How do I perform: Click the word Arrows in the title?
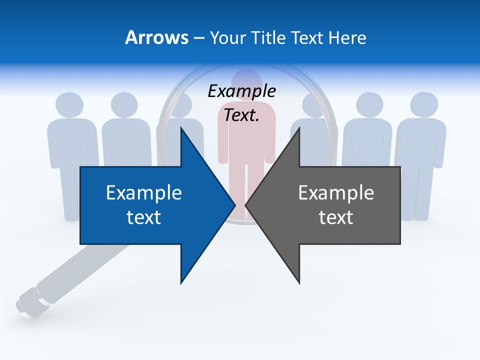[156, 37]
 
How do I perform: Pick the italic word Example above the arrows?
[241, 91]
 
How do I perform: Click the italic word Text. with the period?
[241, 115]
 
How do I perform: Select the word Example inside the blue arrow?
[144, 193]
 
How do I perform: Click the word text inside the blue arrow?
[144, 217]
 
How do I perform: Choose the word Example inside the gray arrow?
[336, 193]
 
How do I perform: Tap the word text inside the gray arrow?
[336, 217]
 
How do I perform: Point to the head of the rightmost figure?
[424, 105]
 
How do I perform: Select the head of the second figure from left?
[124, 105]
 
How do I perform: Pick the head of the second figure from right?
[370, 105]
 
